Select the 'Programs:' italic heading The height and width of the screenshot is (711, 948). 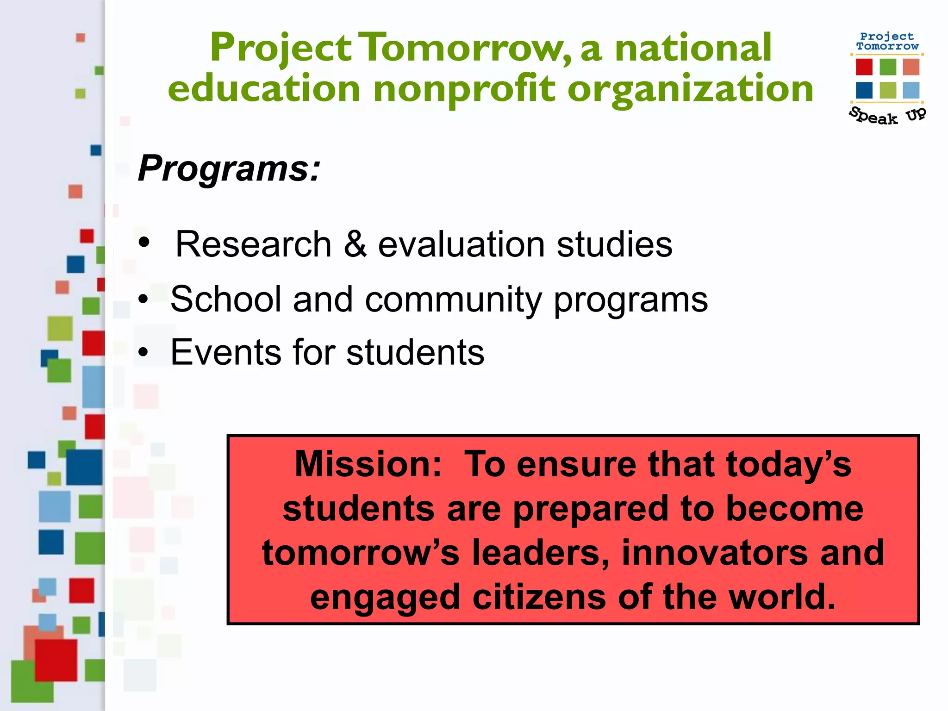229,168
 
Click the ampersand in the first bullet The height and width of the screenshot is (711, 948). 355,244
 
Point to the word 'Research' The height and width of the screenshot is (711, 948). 253,244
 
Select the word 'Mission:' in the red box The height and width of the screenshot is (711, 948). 368,464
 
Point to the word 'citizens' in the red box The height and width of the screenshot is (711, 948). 539,597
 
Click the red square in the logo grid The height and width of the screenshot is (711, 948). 864,67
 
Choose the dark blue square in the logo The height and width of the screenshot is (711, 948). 864,90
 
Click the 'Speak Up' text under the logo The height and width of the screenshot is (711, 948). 887,116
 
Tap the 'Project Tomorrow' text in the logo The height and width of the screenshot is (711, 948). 887,41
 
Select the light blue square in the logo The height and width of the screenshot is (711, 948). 911,90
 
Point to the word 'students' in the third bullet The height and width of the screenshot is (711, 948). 415,352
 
